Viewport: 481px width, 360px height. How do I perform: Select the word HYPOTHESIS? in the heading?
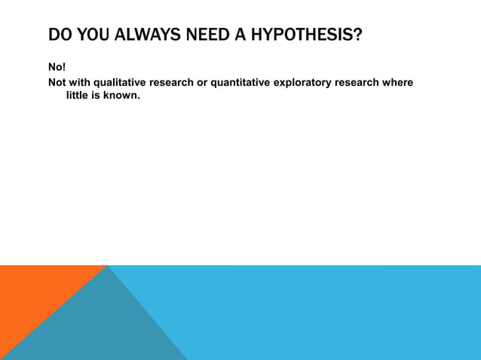point(306,35)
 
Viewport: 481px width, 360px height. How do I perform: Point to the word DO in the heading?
point(59,35)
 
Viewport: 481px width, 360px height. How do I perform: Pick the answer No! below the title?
point(57,68)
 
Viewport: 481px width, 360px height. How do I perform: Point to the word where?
point(397,82)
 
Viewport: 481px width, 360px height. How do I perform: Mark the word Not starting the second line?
point(57,82)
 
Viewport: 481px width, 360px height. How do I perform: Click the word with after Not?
point(79,82)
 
